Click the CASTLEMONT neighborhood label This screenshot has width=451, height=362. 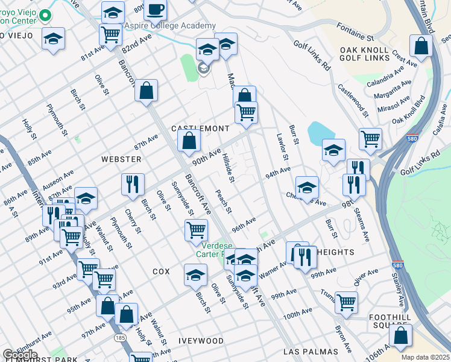200,129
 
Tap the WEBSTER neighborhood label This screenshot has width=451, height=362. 121,159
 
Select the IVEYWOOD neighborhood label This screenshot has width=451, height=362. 201,341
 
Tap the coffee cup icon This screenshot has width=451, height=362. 156,10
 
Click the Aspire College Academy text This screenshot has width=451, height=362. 169,25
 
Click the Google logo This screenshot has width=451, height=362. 19,355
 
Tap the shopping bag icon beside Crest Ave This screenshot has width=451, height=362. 421,45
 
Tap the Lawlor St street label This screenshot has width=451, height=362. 280,147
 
